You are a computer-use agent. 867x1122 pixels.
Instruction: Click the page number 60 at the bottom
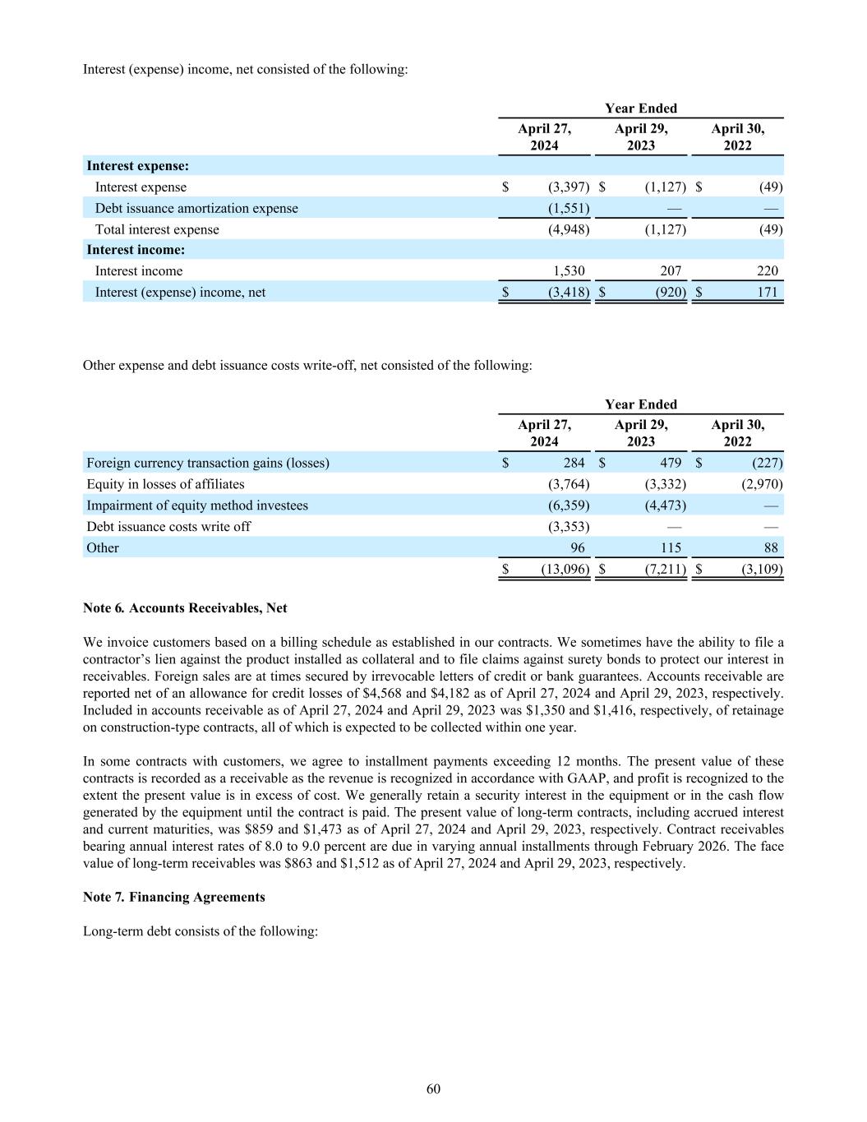[x=433, y=1089]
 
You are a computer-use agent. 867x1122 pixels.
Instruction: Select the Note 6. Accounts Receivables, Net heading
[x=185, y=608]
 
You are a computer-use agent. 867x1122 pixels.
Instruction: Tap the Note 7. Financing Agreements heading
[x=173, y=897]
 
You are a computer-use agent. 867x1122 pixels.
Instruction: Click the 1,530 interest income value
[x=568, y=271]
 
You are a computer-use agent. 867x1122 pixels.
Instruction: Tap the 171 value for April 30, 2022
[x=768, y=293]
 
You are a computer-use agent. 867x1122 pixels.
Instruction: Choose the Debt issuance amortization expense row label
[x=196, y=209]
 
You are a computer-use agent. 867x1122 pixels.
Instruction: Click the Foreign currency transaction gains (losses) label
[x=207, y=463]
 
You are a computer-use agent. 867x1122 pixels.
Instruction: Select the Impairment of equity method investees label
[x=197, y=506]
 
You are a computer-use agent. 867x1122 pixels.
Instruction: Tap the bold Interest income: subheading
[x=136, y=250]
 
